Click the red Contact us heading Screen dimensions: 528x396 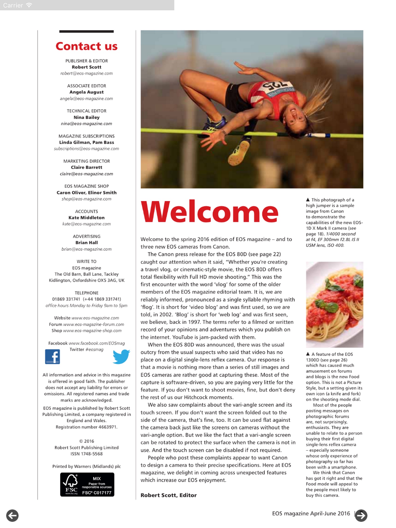tap(87, 46)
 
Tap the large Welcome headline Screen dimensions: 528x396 tap(209, 212)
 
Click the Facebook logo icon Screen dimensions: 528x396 tap(53, 357)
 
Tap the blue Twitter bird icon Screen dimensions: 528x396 tap(121, 357)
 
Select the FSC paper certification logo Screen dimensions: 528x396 tap(87, 484)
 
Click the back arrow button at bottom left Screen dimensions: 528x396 tap(12, 516)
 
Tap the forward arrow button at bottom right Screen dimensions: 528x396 tap(361, 516)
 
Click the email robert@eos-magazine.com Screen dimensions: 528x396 tap(87, 73)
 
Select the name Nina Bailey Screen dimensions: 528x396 tap(87, 117)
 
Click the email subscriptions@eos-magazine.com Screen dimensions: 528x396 tap(87, 149)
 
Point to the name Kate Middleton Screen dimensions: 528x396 tap(87, 218)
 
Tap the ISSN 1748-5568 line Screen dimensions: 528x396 tap(87, 454)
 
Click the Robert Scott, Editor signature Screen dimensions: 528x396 tap(169, 495)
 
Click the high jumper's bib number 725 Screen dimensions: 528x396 tap(275, 87)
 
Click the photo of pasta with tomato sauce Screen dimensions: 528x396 tap(334, 304)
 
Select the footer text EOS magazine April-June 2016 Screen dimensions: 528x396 tap(311, 513)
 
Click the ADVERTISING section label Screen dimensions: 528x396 tap(87, 236)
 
